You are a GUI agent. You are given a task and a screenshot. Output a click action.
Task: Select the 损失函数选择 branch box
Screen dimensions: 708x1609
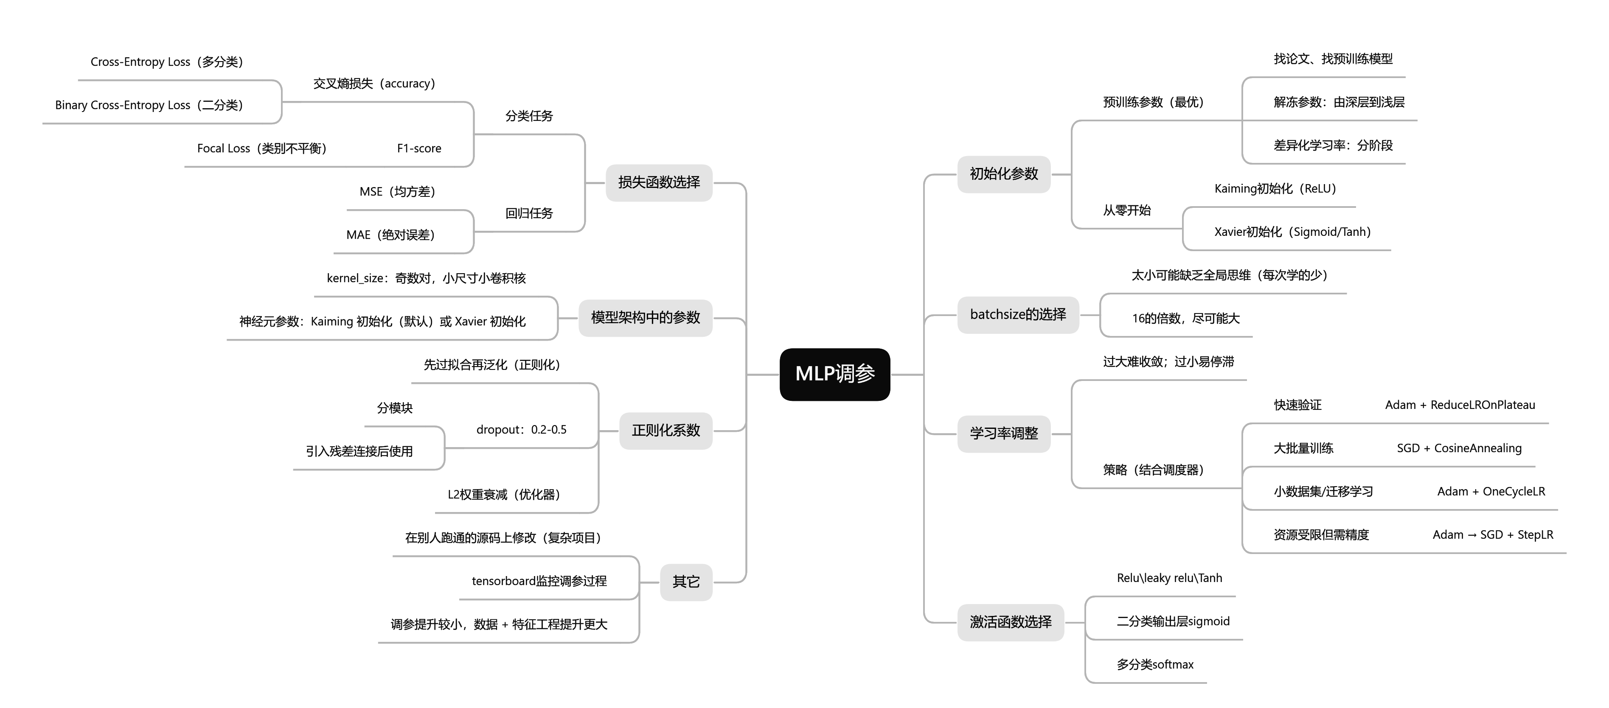pyautogui.click(x=659, y=182)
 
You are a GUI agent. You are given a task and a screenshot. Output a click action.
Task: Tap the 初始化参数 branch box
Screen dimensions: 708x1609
pyautogui.click(x=1004, y=174)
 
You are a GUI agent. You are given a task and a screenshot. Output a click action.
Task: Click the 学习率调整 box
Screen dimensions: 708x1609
pyautogui.click(x=1004, y=433)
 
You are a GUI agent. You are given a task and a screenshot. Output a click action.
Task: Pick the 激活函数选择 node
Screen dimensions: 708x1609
pyautogui.click(x=1010, y=622)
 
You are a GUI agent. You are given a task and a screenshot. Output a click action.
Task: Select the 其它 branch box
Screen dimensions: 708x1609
pyautogui.click(x=686, y=582)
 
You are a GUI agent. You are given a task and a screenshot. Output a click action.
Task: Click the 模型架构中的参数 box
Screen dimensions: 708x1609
pyautogui.click(x=645, y=318)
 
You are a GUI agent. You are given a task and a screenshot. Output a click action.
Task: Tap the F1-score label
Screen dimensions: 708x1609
pyautogui.click(x=419, y=148)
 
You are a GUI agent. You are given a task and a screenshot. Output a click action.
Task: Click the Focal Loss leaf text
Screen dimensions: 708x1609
pyautogui.click(x=262, y=148)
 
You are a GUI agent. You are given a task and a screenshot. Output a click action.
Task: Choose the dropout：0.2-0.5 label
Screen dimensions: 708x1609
pyautogui.click(x=521, y=430)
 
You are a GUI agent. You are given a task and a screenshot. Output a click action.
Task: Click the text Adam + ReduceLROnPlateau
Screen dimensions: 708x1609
pyautogui.click(x=1460, y=405)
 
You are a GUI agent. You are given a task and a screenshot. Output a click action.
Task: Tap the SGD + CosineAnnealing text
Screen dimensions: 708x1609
pyautogui.click(x=1459, y=448)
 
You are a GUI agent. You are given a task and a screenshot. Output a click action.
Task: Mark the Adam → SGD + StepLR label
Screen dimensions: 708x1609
pyautogui.click(x=1492, y=535)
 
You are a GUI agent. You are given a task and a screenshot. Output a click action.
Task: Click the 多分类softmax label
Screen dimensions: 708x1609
pyautogui.click(x=1155, y=665)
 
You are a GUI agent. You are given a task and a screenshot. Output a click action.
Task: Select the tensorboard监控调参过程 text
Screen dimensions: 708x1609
pyautogui.click(x=539, y=581)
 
